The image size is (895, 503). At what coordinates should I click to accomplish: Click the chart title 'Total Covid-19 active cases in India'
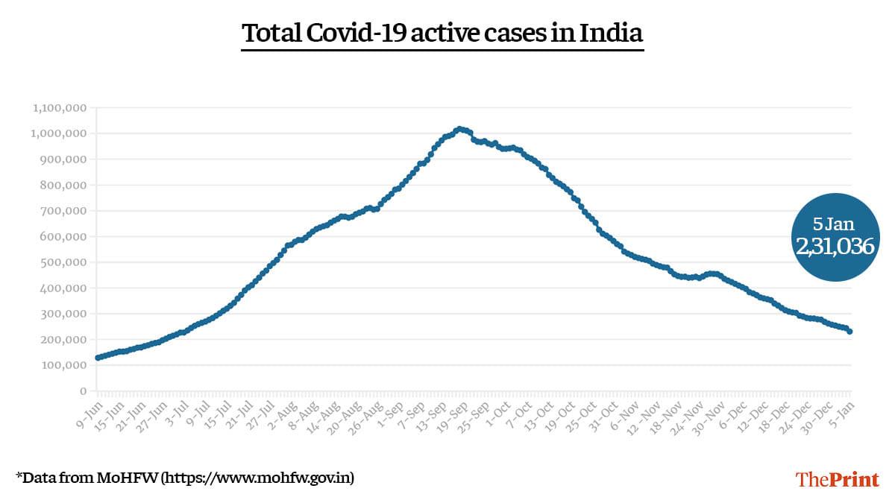point(442,34)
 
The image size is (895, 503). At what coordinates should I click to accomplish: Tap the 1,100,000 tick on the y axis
point(60,108)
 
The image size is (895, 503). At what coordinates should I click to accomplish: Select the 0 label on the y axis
point(84,390)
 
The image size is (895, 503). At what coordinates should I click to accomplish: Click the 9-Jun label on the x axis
point(87,412)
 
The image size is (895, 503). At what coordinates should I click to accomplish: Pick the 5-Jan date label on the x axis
point(842,412)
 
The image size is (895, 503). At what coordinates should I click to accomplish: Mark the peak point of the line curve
point(459,129)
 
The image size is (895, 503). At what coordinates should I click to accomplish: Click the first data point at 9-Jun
point(98,358)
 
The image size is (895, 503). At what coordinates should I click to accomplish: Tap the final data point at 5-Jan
point(850,332)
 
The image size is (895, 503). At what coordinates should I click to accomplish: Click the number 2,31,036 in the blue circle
point(835,247)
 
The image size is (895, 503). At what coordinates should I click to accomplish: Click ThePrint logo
point(838,478)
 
